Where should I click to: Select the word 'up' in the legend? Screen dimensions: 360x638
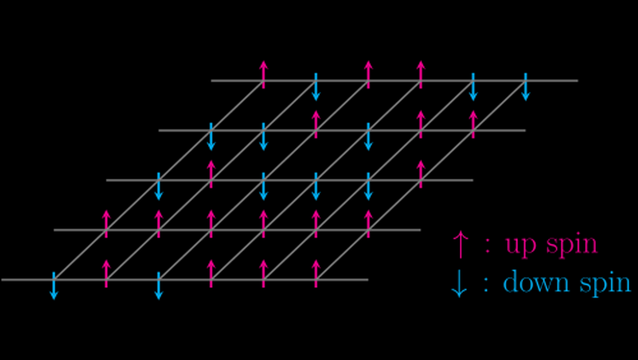[518, 246]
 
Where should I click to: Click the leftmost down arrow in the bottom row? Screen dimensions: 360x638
[54, 286]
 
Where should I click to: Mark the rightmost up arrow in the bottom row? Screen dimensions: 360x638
[316, 273]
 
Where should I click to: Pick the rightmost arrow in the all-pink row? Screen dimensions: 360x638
[368, 224]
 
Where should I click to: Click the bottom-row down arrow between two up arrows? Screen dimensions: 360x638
[158, 286]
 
